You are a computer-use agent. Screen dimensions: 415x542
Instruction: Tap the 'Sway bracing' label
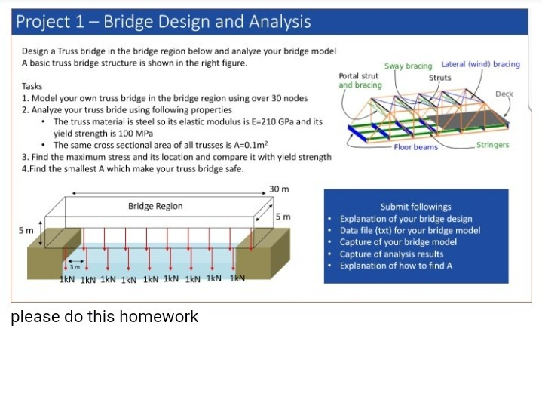coord(408,66)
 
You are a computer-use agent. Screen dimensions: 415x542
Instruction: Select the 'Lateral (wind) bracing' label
coord(480,65)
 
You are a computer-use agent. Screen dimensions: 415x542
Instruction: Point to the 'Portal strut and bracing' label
coord(360,81)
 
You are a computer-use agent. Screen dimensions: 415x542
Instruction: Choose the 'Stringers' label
coord(492,145)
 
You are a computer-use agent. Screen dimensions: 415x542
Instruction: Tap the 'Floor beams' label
coord(415,147)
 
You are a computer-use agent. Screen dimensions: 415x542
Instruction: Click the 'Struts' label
coord(439,77)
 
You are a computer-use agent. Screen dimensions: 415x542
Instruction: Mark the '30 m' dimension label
coord(279,189)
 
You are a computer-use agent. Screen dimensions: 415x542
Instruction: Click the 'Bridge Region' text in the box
coord(155,206)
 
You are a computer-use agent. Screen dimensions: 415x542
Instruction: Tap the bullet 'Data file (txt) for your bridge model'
coord(409,230)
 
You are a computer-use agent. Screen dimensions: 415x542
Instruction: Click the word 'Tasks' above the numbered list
coord(32,87)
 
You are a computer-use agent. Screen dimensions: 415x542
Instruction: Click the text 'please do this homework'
coord(104,317)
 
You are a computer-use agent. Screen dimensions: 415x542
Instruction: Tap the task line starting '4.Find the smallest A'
coord(133,168)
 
